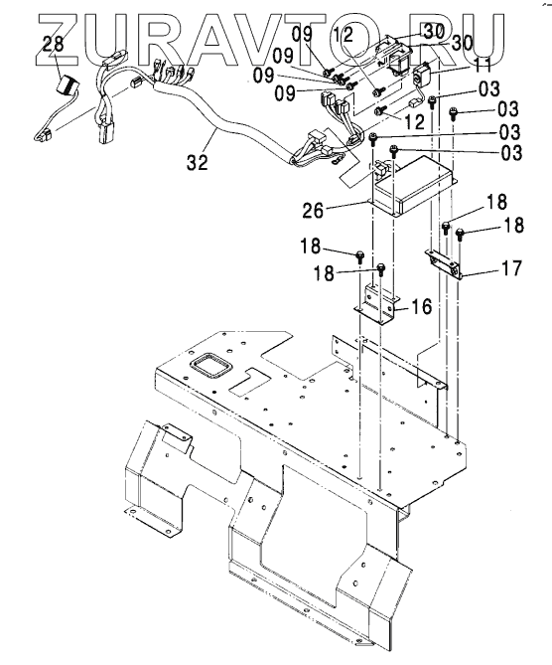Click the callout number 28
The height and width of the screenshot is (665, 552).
click(54, 44)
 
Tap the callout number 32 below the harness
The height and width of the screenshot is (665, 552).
click(198, 162)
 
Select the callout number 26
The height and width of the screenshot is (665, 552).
click(313, 211)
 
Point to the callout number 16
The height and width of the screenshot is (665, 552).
click(421, 306)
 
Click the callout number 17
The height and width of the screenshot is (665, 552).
click(511, 268)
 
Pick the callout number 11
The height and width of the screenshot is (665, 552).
click(482, 67)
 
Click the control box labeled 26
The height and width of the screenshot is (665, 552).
click(413, 186)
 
